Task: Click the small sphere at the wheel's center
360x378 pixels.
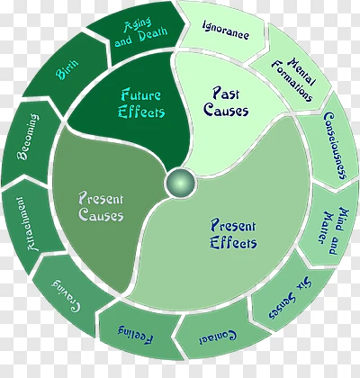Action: (180, 183)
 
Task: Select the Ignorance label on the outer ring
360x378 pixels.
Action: (226, 30)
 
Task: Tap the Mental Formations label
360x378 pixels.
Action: (293, 79)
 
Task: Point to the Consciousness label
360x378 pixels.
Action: (336, 146)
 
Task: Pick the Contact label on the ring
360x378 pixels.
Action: (218, 337)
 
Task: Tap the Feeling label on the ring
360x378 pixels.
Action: (136, 333)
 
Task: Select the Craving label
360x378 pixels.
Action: (66, 297)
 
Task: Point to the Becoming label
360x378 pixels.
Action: (28, 137)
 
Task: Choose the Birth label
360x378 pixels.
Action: (67, 69)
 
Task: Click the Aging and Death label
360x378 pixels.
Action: (140, 32)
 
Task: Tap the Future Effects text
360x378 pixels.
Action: (141, 103)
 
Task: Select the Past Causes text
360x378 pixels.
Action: (226, 102)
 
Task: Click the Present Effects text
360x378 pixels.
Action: (233, 234)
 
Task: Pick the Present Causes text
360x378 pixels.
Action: (101, 206)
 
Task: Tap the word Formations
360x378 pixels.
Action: (292, 82)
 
